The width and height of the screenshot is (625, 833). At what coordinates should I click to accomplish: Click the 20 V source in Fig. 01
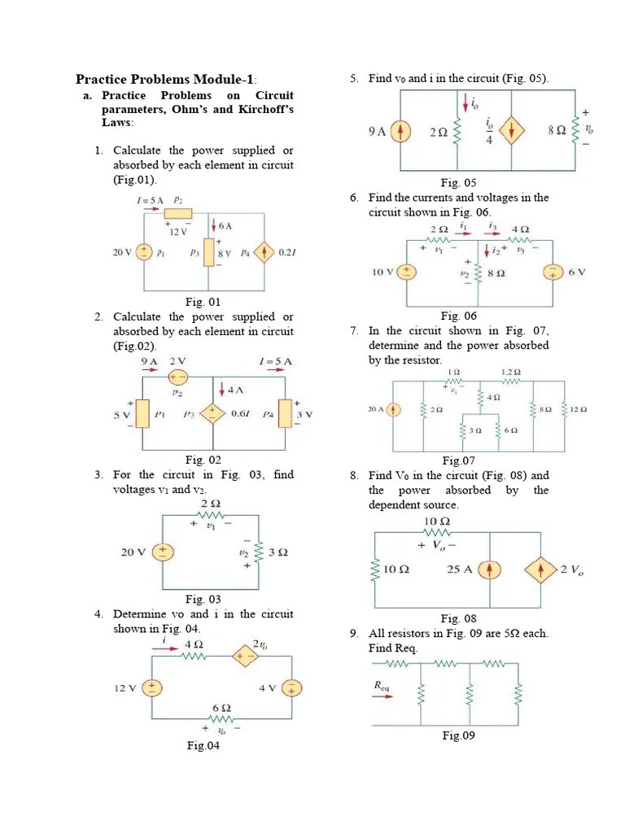coord(144,252)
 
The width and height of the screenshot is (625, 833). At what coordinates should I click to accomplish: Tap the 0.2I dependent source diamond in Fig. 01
coord(264,252)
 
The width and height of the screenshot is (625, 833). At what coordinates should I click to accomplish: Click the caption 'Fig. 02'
coord(203,460)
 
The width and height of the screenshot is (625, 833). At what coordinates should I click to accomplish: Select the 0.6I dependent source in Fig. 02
coord(214,413)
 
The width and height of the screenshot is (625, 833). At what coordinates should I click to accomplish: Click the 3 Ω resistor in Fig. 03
coord(257,552)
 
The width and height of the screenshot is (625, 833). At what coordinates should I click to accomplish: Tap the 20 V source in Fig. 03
coord(163,552)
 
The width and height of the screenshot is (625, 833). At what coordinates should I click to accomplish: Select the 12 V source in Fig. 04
coord(151,688)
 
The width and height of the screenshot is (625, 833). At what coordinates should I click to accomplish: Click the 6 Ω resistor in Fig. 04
coord(222,720)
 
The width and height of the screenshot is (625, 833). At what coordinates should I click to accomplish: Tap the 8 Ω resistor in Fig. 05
coord(576,132)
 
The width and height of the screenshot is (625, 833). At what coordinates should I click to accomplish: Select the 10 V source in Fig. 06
coord(404,272)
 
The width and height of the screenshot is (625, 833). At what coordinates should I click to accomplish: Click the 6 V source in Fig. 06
coord(553,272)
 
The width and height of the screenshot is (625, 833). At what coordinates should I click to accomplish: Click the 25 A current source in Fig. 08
coord(490,569)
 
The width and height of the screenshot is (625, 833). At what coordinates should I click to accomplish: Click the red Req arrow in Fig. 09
coord(382,696)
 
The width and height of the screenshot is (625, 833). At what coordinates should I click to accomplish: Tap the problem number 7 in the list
coord(354,330)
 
